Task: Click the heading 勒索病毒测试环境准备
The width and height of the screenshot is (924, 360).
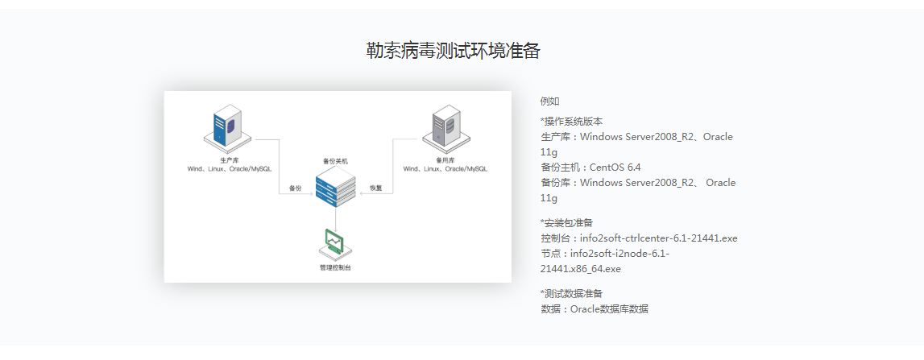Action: point(453,51)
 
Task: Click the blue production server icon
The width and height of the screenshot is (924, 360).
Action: point(226,126)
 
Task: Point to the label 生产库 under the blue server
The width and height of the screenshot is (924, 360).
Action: point(228,160)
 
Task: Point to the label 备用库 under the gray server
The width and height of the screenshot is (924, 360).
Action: point(445,160)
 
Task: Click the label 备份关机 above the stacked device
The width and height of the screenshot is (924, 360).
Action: point(335,161)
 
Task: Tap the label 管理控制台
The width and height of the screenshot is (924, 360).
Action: point(335,267)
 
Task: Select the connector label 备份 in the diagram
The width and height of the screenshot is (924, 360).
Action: point(296,188)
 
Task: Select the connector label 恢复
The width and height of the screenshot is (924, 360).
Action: point(376,188)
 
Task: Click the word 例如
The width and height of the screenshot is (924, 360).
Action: point(549,101)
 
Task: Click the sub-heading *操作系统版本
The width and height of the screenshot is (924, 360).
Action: point(571,122)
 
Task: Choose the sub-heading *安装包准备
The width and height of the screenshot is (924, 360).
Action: point(568,222)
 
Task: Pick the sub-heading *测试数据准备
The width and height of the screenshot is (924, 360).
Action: point(571,293)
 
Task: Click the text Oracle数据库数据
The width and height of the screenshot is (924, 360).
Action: point(609,309)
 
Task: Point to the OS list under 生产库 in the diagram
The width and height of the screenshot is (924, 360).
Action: point(228,169)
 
